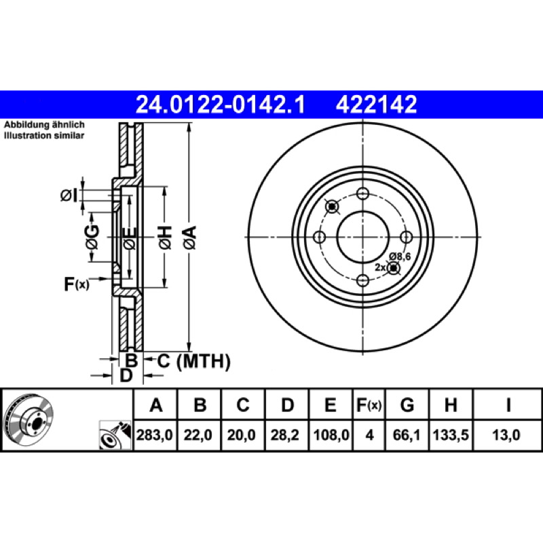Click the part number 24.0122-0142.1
click(x=221, y=105)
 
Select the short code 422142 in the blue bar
click(x=377, y=105)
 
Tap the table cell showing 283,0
click(x=155, y=435)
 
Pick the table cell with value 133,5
click(x=451, y=435)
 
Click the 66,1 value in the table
click(x=407, y=435)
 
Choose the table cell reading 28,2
click(x=285, y=435)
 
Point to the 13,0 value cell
click(x=506, y=435)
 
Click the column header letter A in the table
click(x=156, y=405)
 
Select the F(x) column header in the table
click(x=369, y=405)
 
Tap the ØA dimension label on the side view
click(x=190, y=237)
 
